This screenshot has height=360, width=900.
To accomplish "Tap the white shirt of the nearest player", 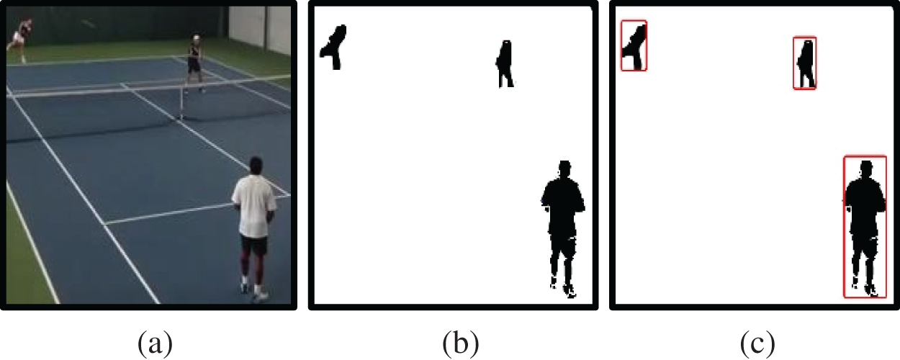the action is (x=255, y=206).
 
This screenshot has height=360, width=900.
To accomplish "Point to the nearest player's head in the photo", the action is (x=256, y=166).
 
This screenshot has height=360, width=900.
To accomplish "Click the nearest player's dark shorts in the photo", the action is (x=254, y=245).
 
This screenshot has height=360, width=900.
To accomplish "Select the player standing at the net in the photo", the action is (x=195, y=62).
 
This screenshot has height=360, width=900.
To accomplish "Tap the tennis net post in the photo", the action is (x=182, y=102).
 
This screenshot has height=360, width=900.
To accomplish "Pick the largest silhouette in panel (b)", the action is (x=563, y=229).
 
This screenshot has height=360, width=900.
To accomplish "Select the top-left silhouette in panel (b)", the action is (x=333, y=47).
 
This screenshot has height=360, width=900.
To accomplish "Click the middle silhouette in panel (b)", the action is (x=505, y=63).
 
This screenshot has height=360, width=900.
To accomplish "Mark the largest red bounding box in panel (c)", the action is (x=844, y=227).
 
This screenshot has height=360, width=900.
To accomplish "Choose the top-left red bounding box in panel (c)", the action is (x=621, y=46).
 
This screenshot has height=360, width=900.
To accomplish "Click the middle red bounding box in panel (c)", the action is (x=793, y=63).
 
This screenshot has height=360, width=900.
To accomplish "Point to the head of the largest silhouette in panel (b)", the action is (x=565, y=168).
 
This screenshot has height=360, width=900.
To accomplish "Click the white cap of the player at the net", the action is (x=196, y=37).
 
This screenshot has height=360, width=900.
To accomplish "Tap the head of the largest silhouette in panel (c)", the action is (x=867, y=168).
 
